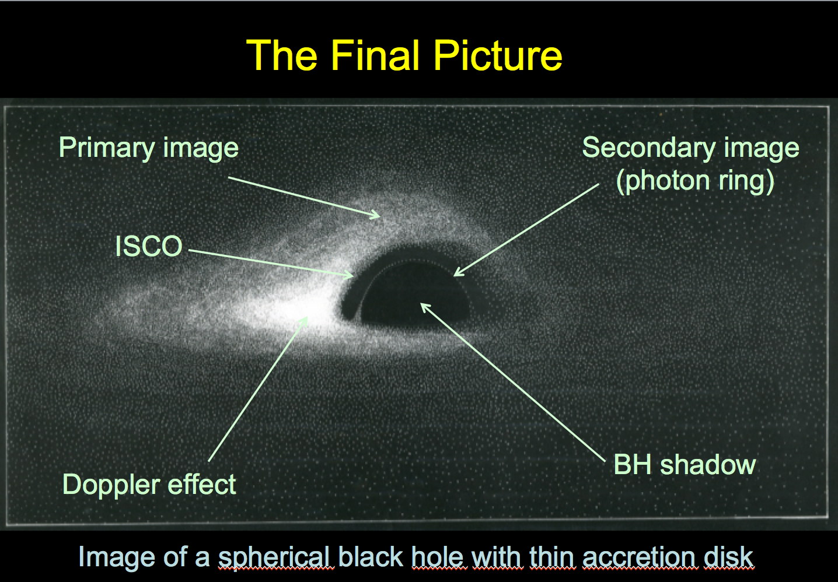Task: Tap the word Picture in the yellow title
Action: click(498, 55)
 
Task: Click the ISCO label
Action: click(149, 246)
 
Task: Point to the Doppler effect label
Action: click(149, 485)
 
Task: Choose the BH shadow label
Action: click(685, 465)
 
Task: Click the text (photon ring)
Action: click(694, 182)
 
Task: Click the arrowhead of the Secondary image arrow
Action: click(457, 274)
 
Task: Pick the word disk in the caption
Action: click(729, 556)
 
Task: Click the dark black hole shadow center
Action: click(413, 295)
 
